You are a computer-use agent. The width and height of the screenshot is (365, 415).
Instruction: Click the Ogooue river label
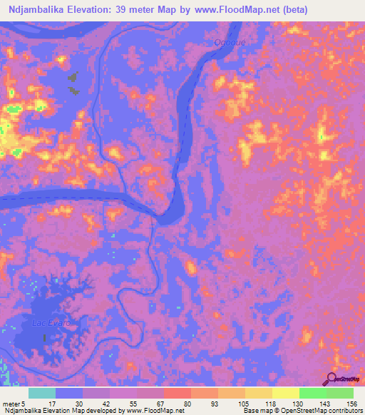(x=229, y=42)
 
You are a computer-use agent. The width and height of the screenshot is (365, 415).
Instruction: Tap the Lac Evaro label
(x=52, y=323)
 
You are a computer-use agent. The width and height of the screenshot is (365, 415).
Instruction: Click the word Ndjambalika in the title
(x=34, y=9)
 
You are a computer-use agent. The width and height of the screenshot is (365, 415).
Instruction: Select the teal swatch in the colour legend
(x=42, y=393)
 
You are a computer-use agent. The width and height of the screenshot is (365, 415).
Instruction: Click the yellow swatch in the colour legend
(x=286, y=393)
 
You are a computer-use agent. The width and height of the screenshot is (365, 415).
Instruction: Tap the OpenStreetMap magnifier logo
(x=331, y=379)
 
